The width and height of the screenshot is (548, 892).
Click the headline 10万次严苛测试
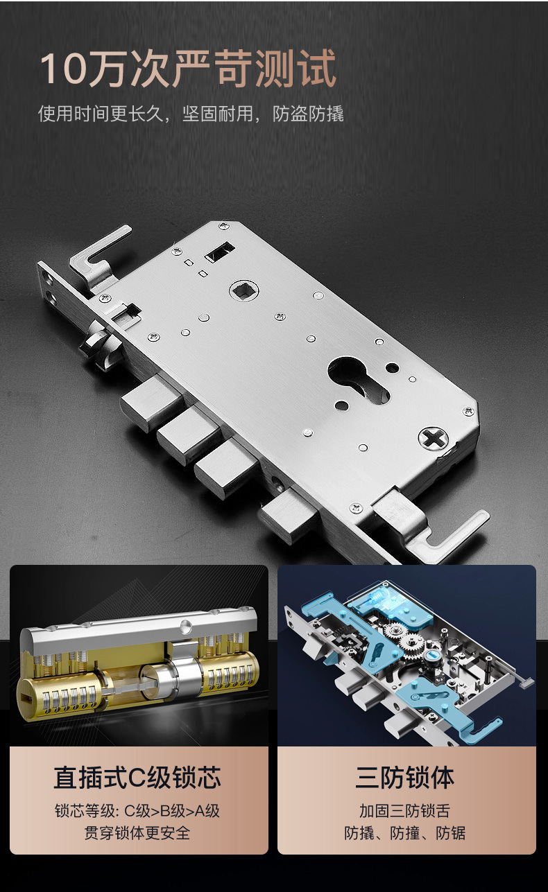(x=188, y=68)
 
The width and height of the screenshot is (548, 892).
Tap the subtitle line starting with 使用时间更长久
(x=191, y=114)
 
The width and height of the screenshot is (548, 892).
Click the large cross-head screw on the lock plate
(x=434, y=437)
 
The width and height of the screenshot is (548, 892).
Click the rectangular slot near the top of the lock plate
(x=219, y=252)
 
